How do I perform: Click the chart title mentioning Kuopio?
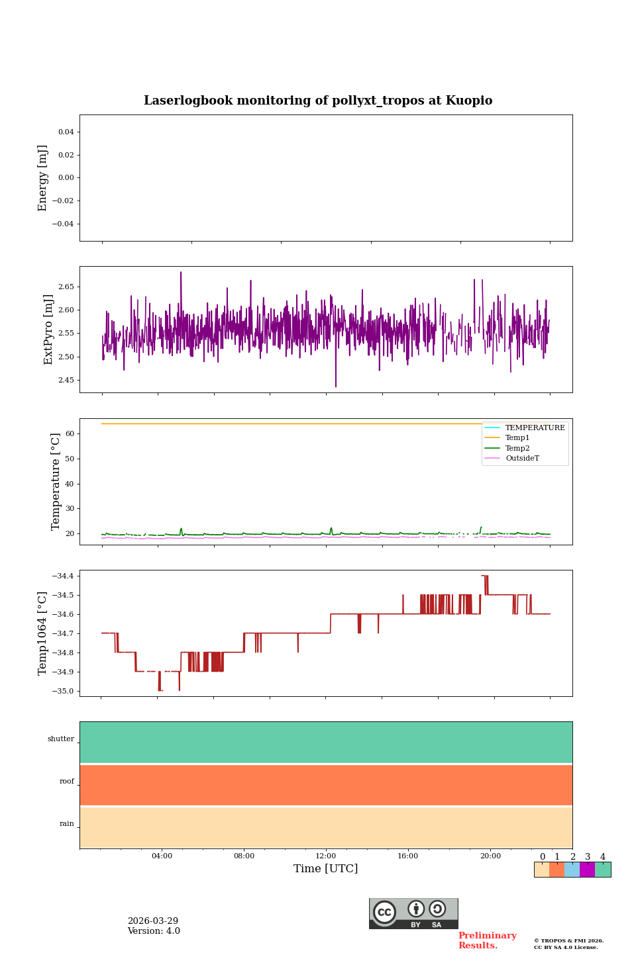pyautogui.click(x=318, y=101)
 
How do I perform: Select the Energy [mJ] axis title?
pyautogui.click(x=43, y=178)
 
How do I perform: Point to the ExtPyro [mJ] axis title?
pyautogui.click(x=48, y=330)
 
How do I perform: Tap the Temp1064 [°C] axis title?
pyautogui.click(x=43, y=633)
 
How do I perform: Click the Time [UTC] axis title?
pyautogui.click(x=325, y=868)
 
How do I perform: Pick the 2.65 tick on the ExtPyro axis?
pyautogui.click(x=66, y=287)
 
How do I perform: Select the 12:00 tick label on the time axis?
pyautogui.click(x=325, y=856)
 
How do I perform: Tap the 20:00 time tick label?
pyautogui.click(x=490, y=856)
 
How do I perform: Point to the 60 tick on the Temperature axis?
pyautogui.click(x=70, y=434)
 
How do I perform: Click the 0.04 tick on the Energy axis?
pyautogui.click(x=66, y=132)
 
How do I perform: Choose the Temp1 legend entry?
pyautogui.click(x=517, y=438)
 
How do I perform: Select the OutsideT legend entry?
pyautogui.click(x=522, y=459)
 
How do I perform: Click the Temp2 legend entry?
pyautogui.click(x=517, y=448)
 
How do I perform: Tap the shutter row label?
pyautogui.click(x=61, y=739)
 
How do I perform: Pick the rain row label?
pyautogui.click(x=67, y=824)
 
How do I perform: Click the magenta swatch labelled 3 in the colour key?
pyautogui.click(x=587, y=870)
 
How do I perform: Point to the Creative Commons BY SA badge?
pyautogui.click(x=413, y=913)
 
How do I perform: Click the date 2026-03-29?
pyautogui.click(x=153, y=921)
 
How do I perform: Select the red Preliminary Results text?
pyautogui.click(x=487, y=940)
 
